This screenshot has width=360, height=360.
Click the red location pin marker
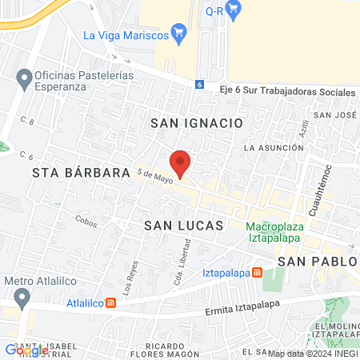click(181, 163)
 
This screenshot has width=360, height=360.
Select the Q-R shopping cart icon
click(234, 11)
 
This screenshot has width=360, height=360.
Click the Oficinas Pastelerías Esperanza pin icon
click(22, 78)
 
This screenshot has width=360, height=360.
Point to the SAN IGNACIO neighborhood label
click(196, 123)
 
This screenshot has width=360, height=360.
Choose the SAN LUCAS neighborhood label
click(181, 226)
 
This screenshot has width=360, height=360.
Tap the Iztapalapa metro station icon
click(257, 272)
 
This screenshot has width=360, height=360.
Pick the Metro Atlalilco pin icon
click(22, 298)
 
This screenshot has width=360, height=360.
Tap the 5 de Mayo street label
click(155, 176)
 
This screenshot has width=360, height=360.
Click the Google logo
click(26, 350)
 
